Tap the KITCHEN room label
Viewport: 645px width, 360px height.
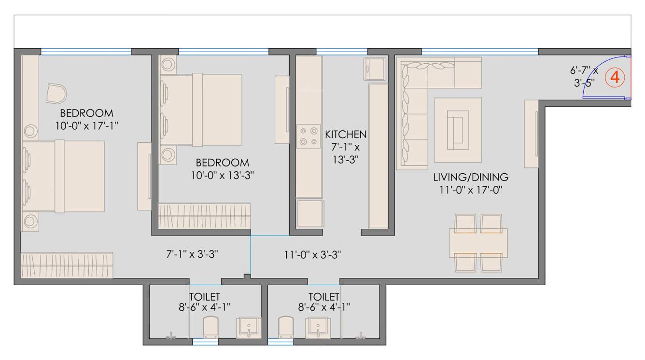(x=346, y=134)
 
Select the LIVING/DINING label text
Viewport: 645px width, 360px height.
(x=470, y=177)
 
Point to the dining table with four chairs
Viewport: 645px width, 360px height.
(x=478, y=243)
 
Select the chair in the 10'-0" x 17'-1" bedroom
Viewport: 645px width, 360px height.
(x=56, y=93)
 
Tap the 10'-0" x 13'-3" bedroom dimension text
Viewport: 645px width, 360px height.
(x=222, y=175)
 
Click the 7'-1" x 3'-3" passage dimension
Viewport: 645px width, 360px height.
(x=193, y=254)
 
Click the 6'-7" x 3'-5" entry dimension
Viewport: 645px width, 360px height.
(x=584, y=77)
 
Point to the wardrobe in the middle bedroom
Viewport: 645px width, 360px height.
(x=205, y=215)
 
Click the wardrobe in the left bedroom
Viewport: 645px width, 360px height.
(x=67, y=265)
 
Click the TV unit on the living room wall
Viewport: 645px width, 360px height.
(x=532, y=134)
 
